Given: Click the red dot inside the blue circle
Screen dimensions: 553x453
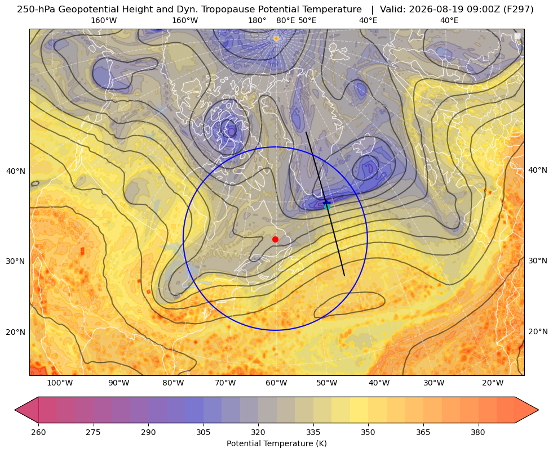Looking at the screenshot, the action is click(276, 239).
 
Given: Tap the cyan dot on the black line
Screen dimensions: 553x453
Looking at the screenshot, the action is click(327, 207).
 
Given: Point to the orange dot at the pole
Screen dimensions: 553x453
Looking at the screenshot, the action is click(276, 38).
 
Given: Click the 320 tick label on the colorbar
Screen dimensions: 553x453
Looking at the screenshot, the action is click(258, 432).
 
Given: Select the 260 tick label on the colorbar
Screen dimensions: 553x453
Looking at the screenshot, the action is click(38, 432).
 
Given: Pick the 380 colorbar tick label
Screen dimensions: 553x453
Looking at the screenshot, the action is click(478, 432).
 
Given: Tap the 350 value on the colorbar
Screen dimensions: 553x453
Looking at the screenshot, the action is click(368, 432).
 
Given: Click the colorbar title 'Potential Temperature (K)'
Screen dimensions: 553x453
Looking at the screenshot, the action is click(276, 443).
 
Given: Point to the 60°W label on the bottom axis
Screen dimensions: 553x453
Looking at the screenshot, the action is click(276, 383).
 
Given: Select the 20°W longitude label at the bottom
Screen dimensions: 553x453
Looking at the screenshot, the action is click(493, 383).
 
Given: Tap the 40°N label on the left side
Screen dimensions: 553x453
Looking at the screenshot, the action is click(16, 172).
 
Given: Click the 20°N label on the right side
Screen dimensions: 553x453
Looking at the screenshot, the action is click(538, 331).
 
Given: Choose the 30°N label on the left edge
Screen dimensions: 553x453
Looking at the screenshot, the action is click(16, 261).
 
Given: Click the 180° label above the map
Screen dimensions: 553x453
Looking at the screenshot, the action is click(257, 20).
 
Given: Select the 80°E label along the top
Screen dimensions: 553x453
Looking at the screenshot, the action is click(286, 20).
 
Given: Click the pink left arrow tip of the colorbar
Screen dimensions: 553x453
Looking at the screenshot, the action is click(15, 410).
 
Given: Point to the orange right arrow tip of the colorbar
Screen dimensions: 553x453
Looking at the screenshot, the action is click(538, 410).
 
